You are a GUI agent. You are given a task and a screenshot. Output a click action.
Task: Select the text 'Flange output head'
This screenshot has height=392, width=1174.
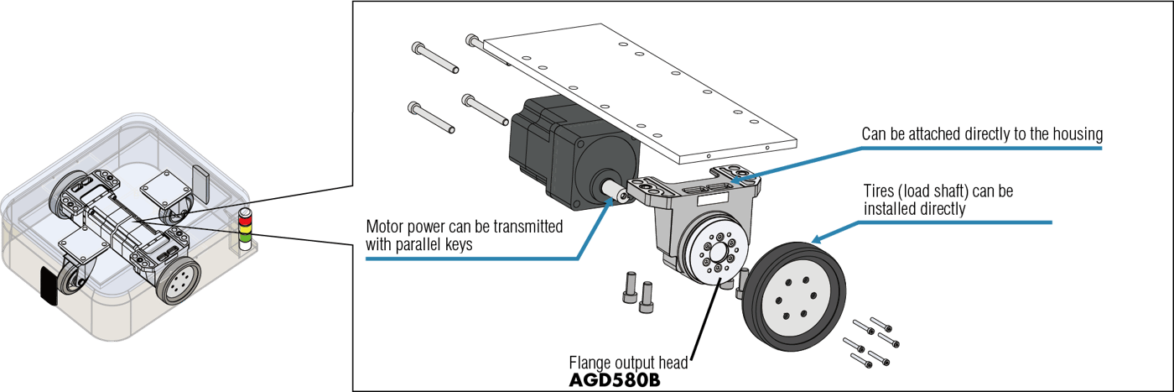point(628,363)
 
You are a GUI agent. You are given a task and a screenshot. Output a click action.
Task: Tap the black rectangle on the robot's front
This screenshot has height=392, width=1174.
point(49,286)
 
